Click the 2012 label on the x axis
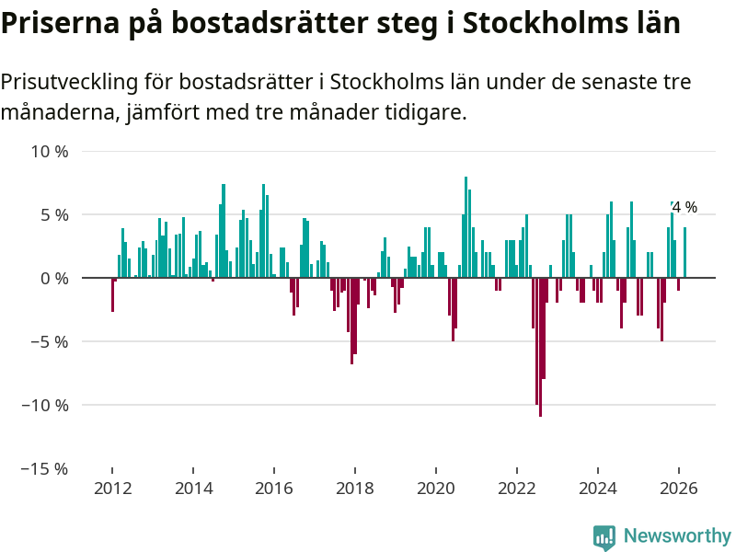click(x=112, y=489)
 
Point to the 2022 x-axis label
click(x=517, y=489)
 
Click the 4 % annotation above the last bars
click(x=684, y=208)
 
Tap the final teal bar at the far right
click(x=684, y=252)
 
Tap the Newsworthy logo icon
click(x=604, y=537)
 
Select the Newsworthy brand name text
click(x=677, y=536)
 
